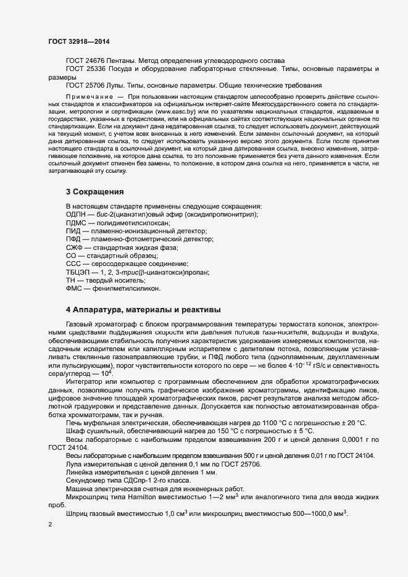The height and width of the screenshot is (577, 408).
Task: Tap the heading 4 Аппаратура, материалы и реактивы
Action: [x=143, y=309]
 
